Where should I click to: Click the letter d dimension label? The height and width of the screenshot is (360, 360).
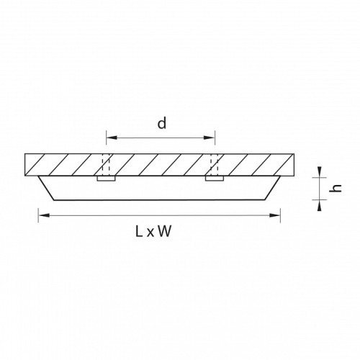tap(162, 124)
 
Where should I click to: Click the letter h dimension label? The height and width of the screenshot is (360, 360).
tap(336, 188)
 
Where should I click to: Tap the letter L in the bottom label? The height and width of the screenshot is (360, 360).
tap(139, 232)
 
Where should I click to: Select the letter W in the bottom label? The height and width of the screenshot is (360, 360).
tap(165, 232)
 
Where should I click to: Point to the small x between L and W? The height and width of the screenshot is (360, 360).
tap(150, 233)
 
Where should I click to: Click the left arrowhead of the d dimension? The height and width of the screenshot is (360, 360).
tap(112, 138)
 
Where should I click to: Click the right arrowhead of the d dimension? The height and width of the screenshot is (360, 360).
tap(210, 138)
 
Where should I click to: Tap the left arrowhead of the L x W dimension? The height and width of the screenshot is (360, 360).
tap(44, 215)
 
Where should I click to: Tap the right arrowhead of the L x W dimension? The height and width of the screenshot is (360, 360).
tap(275, 215)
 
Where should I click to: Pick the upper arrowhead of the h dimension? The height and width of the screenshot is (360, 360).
tap(319, 172)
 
